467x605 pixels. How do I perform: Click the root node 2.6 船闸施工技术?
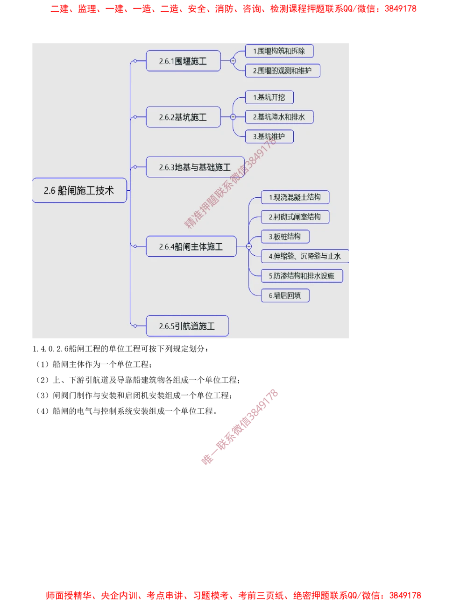pos(79,190)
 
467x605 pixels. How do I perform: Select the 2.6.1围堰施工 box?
pos(183,61)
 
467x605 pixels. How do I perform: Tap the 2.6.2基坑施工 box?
pos(183,117)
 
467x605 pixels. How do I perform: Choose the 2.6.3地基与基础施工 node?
pos(195,167)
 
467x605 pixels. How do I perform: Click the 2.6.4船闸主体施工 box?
pos(191,246)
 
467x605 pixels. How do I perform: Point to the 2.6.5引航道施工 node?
pos(187,326)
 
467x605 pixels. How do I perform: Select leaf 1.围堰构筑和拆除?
pos(279,51)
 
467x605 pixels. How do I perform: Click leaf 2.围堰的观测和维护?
pos(283,71)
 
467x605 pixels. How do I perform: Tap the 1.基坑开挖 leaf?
pos(269,97)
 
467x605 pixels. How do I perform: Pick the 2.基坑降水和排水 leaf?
pos(279,117)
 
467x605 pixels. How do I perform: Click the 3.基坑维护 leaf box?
pos(269,137)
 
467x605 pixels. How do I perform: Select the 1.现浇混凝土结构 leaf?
pos(295,197)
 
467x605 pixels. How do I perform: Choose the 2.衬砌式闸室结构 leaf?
pos(295,217)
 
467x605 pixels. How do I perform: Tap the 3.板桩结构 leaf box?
pos(285,237)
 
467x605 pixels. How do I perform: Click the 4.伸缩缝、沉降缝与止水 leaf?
pos(305,256)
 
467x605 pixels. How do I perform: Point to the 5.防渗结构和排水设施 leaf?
pos(302,276)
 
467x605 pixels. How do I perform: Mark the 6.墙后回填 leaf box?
pos(285,295)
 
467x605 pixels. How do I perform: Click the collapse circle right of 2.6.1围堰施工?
pos(233,61)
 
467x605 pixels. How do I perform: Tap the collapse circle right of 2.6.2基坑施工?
pos(233,117)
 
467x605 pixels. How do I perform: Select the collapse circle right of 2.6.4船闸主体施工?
pos(248,246)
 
